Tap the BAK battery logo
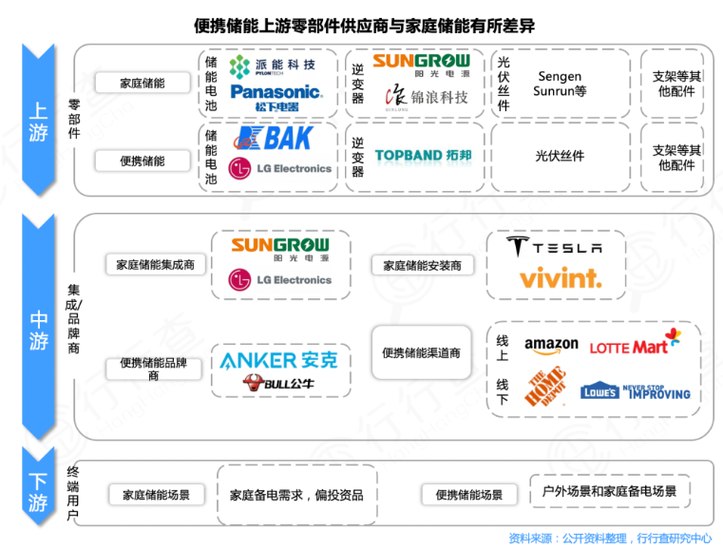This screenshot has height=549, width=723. coord(274,139)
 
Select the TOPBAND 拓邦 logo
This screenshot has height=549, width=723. coord(423,156)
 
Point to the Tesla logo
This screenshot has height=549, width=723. coord(554,248)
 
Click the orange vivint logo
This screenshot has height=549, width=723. coord(560,278)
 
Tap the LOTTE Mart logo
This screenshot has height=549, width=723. coord(635,345)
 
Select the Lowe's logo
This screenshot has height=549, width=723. coord(636,390)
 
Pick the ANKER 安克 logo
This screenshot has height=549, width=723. coord(278,360)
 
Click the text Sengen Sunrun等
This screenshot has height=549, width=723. coord(561,84)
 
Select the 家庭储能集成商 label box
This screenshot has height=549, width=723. coord(155,265)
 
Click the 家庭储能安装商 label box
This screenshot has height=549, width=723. coord(422,265)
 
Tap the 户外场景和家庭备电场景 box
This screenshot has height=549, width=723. coord(609,491)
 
